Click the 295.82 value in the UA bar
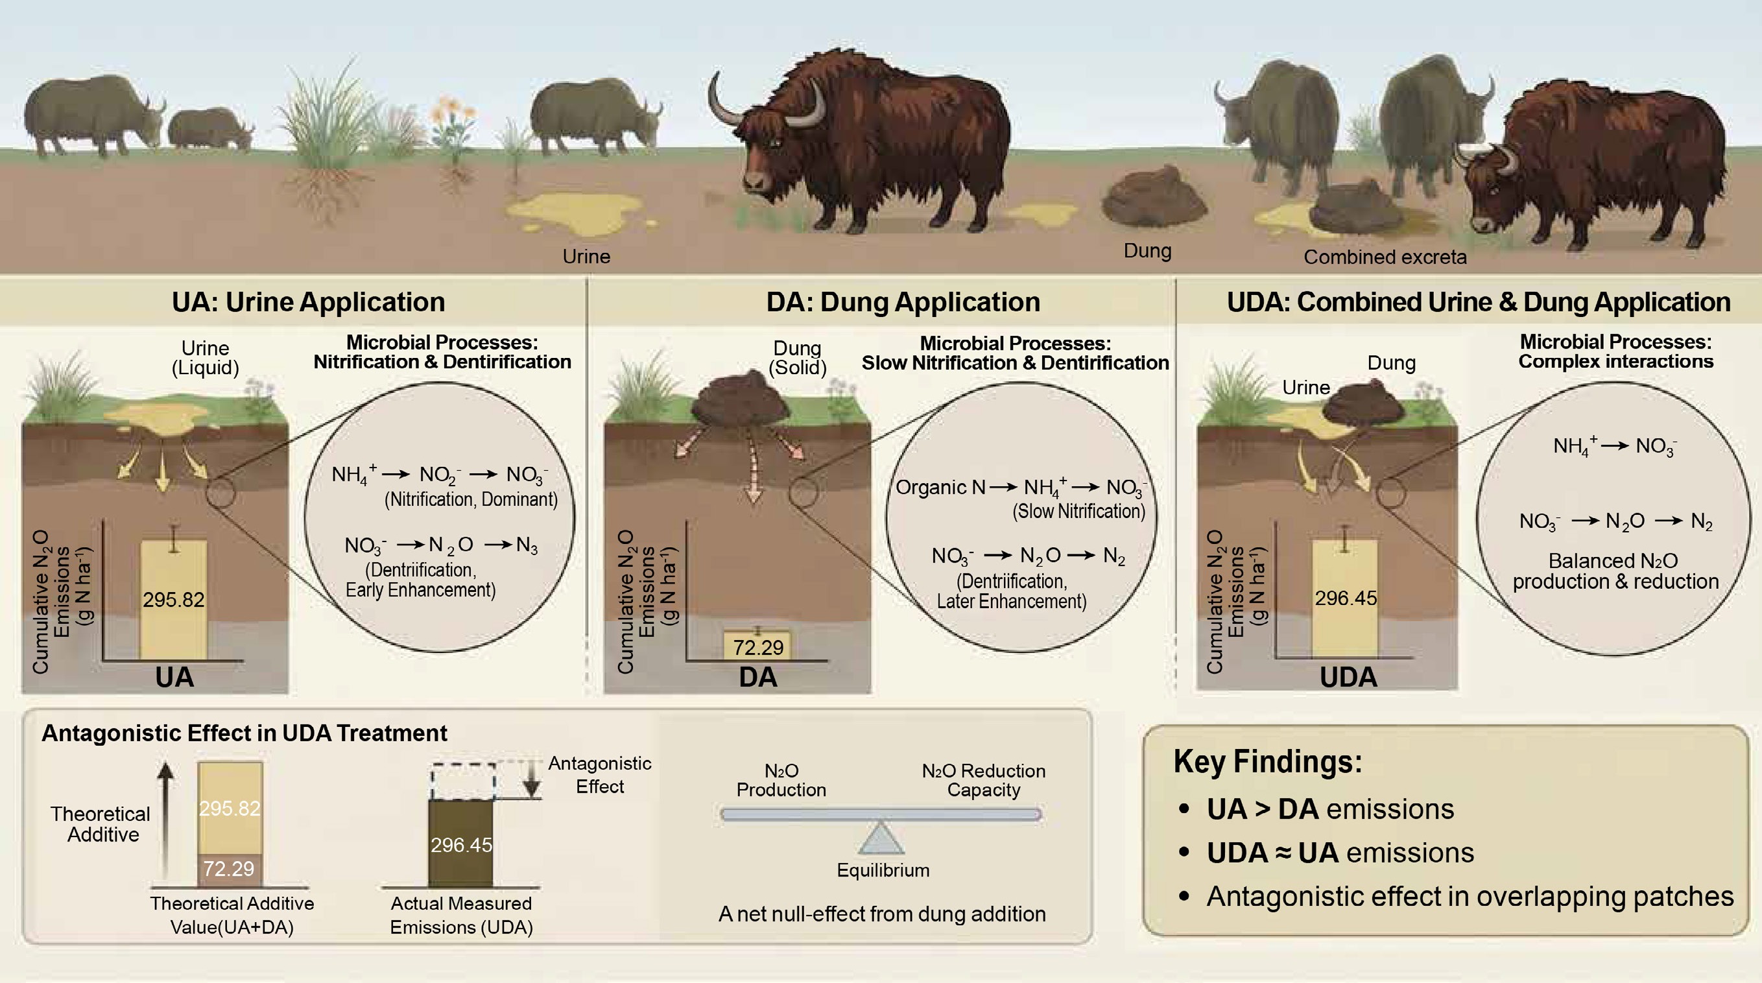tap(173, 600)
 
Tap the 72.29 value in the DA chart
tap(758, 647)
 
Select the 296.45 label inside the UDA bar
tap(1346, 598)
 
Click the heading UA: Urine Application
tap(308, 302)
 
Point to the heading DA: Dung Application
tap(903, 302)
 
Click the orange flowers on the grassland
tap(451, 113)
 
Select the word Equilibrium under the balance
tap(883, 870)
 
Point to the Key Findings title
tap(1267, 761)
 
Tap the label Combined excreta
tap(1385, 257)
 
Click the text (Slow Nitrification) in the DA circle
tap(1078, 511)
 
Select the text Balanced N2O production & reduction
tap(1615, 571)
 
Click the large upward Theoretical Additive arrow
tap(165, 821)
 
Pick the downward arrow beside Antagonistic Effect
tap(532, 780)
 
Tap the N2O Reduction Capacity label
tap(983, 780)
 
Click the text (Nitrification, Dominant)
tap(471, 499)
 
